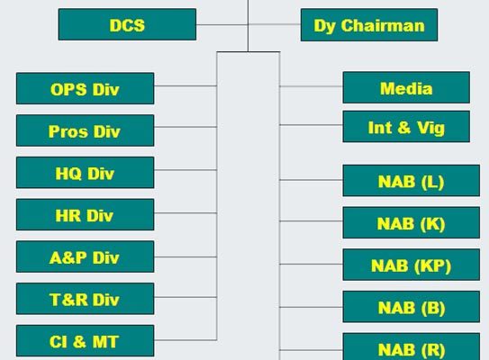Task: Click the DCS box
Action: [x=127, y=24]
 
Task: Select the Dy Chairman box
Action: [x=369, y=25]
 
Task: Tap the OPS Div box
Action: [x=86, y=88]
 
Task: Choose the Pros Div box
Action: [x=86, y=130]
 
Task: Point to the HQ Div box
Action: [x=86, y=173]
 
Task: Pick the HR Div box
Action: [x=86, y=215]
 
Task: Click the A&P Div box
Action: [x=86, y=256]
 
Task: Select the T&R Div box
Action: [x=86, y=299]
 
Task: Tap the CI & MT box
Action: [x=86, y=341]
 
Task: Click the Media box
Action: [x=406, y=87]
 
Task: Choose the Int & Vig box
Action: [x=406, y=127]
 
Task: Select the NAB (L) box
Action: [x=412, y=181]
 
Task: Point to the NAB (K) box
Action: [x=412, y=223]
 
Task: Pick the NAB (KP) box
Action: [x=412, y=265]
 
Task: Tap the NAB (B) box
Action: [x=412, y=307]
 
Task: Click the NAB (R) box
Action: [x=412, y=346]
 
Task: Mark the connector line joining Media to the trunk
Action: [x=312, y=86]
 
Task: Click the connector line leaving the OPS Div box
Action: [x=186, y=85]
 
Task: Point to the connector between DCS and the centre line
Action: [x=222, y=24]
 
